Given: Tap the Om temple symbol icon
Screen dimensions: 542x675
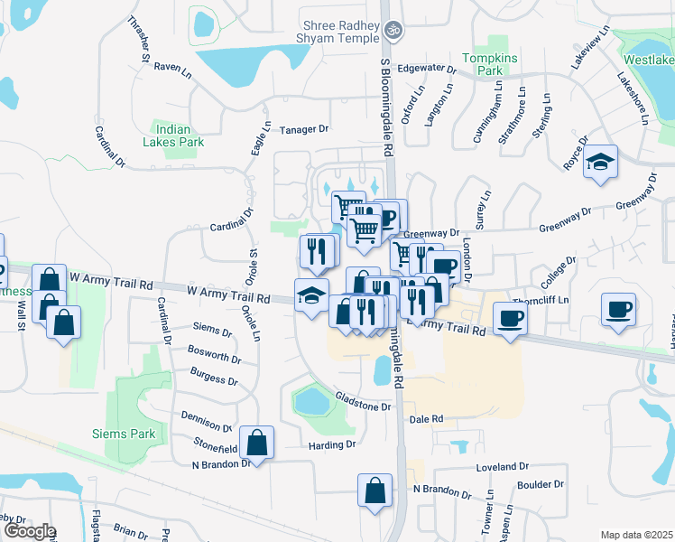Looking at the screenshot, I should pyautogui.click(x=392, y=30).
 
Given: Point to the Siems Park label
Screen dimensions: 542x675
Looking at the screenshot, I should pyautogui.click(x=124, y=434).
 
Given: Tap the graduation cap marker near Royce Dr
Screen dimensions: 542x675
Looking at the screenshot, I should pyautogui.click(x=600, y=164).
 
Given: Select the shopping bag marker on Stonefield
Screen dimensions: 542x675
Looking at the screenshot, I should pyautogui.click(x=257, y=443).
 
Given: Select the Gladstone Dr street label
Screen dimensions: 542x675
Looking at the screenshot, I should pyautogui.click(x=363, y=406).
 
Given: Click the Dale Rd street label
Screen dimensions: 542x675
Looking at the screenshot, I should pyautogui.click(x=426, y=419).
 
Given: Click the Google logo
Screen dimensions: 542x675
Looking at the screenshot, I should pyautogui.click(x=29, y=531).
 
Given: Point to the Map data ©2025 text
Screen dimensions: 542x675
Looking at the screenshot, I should pyautogui.click(x=636, y=535).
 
